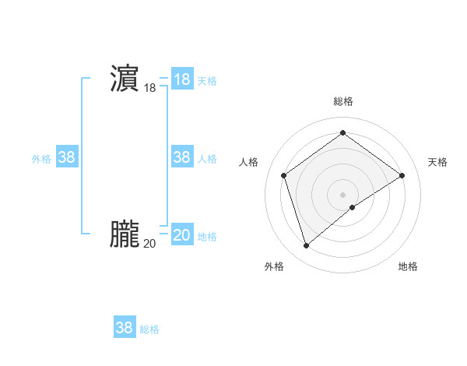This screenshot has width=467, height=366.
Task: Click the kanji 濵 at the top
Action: tap(124, 79)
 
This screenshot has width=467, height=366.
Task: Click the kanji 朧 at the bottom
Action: tap(124, 234)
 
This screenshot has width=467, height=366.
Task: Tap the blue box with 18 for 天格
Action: tap(181, 79)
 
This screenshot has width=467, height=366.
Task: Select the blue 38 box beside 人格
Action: tap(181, 157)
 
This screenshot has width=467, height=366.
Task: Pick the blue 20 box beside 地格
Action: tap(181, 235)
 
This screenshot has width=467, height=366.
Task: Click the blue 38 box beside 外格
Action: tap(66, 157)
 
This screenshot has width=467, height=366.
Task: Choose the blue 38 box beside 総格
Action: tap(124, 328)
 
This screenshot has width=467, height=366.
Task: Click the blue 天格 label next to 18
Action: tap(207, 81)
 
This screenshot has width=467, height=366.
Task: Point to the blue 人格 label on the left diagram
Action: tap(207, 159)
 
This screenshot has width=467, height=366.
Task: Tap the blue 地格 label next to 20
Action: tap(207, 237)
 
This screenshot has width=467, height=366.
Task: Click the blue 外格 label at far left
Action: tap(41, 159)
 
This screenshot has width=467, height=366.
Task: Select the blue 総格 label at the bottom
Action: tap(149, 329)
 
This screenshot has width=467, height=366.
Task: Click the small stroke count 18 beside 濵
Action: tap(149, 89)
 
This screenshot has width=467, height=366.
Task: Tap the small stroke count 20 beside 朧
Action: tap(149, 244)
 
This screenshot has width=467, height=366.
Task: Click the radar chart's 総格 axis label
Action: tap(342, 101)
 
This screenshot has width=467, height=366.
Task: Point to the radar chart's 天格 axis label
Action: tap(437, 162)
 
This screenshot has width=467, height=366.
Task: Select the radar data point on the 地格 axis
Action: tap(353, 207)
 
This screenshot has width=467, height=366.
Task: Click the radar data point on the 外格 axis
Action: tap(306, 246)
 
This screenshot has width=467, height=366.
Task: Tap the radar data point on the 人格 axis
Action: tap(284, 175)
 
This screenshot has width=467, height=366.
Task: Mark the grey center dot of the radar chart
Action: tap(342, 194)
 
